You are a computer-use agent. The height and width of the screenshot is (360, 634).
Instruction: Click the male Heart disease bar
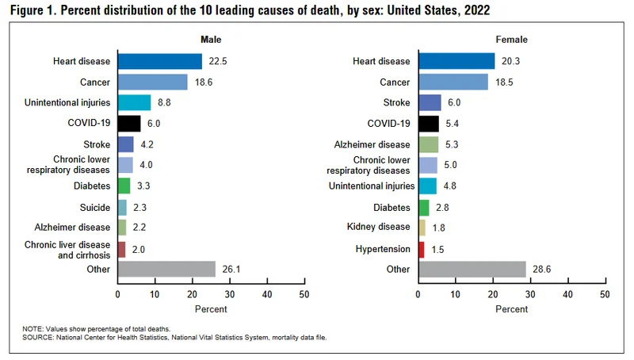(159, 61)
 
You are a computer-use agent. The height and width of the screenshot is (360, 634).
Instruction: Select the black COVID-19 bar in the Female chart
(428, 124)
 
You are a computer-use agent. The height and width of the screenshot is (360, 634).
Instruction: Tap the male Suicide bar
(122, 207)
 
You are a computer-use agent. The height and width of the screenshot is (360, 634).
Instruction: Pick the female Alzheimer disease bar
(428, 144)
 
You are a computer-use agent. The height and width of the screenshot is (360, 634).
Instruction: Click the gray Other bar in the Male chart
(166, 269)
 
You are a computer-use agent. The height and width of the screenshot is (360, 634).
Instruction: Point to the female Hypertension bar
(421, 249)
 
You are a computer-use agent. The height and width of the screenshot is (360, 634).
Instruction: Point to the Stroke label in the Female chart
(396, 103)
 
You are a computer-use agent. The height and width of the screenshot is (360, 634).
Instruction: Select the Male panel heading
(211, 39)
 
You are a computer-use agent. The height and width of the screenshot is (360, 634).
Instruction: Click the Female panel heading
(511, 39)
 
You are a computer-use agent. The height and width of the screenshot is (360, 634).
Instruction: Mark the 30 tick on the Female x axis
(530, 294)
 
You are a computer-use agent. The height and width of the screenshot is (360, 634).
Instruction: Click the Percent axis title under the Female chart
(511, 309)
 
